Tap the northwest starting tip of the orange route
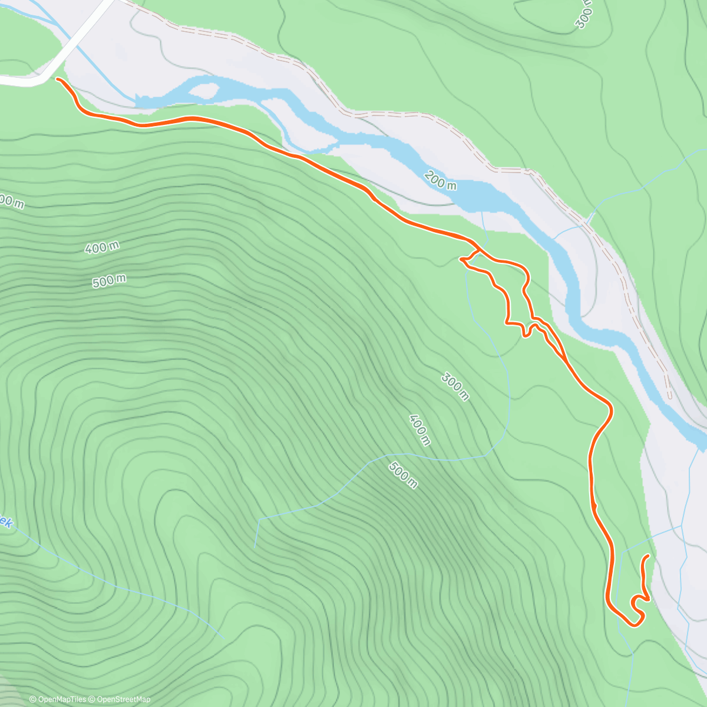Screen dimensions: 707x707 click(58, 79)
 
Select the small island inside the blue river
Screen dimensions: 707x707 click(204, 91)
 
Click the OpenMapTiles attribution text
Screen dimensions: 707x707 click(61, 699)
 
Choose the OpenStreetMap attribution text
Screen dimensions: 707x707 click(123, 699)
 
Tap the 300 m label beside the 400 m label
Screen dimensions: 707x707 click(455, 387)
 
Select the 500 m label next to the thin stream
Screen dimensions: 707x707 click(403, 475)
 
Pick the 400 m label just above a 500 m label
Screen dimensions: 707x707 click(104, 247)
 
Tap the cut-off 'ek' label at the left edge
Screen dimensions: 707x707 click(6, 521)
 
